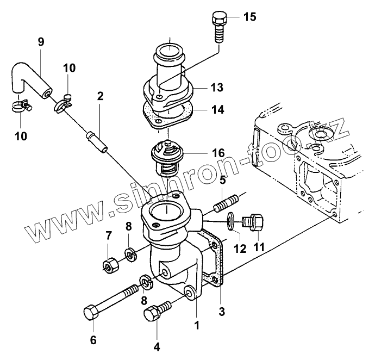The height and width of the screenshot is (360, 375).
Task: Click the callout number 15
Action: pyautogui.click(x=249, y=17)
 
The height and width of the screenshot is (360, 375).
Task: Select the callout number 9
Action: pyautogui.click(x=41, y=42)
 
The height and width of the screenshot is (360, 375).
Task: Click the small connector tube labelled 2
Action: pyautogui.click(x=96, y=142)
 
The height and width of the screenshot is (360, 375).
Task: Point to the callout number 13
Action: pyautogui.click(x=217, y=88)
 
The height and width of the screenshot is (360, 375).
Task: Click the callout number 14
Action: pyautogui.click(x=217, y=110)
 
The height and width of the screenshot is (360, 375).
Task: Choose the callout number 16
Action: pyautogui.click(x=218, y=153)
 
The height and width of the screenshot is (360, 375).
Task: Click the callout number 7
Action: pyautogui.click(x=109, y=236)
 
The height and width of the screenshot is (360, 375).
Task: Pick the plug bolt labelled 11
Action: pyautogui.click(x=253, y=222)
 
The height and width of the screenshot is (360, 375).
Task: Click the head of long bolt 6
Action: pyautogui.click(x=91, y=312)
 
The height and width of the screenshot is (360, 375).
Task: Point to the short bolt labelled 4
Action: pyautogui.click(x=157, y=311)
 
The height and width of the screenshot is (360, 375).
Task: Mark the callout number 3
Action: pyautogui.click(x=222, y=312)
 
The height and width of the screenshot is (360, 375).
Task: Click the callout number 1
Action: pyautogui.click(x=197, y=325)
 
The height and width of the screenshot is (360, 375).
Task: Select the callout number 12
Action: pyautogui.click(x=240, y=249)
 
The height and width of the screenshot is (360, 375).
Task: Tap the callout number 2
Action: pyautogui.click(x=101, y=96)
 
